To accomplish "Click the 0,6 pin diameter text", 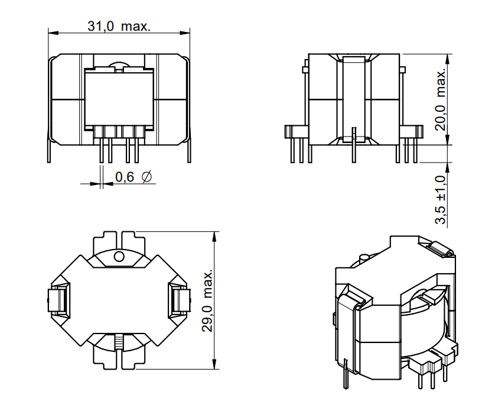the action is coord(125,177).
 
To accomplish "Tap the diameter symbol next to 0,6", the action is coord(148,177).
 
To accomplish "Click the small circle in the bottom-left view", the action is coord(119,257).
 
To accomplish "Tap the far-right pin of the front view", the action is coord(189,151).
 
